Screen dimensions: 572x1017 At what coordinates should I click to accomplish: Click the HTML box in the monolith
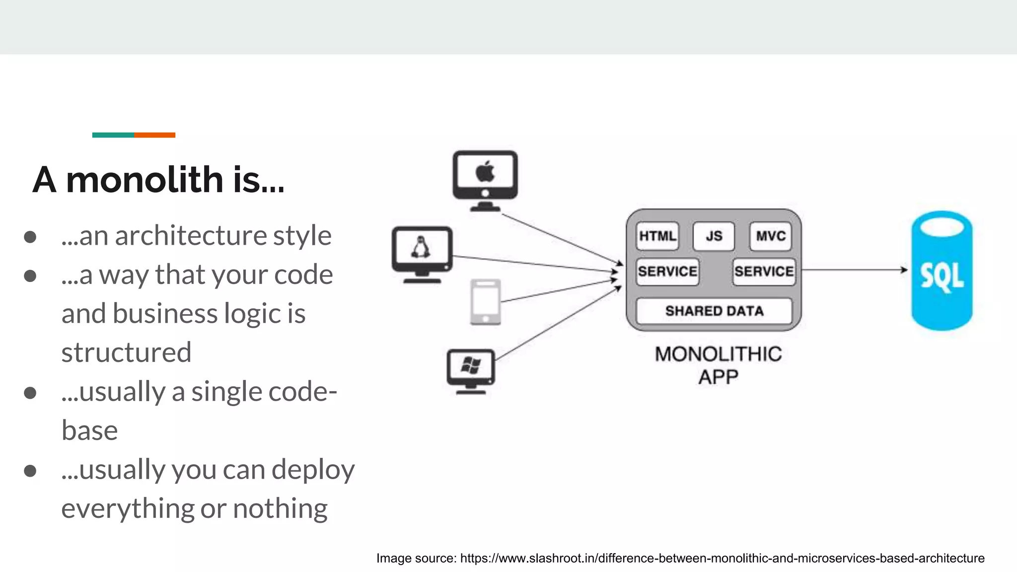(657, 236)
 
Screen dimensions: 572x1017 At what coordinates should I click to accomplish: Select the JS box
(714, 236)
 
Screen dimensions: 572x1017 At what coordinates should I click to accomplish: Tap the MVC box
(770, 236)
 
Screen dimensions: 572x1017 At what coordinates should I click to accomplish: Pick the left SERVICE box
(667, 271)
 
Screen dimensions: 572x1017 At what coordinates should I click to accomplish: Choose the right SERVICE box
(764, 271)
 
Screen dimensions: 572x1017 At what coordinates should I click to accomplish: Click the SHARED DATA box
(714, 311)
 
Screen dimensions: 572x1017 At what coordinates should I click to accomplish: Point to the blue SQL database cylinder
(942, 271)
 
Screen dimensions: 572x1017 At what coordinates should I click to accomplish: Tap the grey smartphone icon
(485, 302)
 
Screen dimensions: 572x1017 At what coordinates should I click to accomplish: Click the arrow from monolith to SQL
(854, 270)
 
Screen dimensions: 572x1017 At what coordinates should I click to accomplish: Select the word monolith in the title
(145, 179)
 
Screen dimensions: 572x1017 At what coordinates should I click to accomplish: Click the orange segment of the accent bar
(154, 135)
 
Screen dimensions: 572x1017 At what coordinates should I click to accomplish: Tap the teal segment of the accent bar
(113, 135)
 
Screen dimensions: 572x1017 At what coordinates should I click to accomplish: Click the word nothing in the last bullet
(280, 508)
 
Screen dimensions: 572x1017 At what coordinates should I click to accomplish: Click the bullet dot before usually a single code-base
(30, 393)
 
